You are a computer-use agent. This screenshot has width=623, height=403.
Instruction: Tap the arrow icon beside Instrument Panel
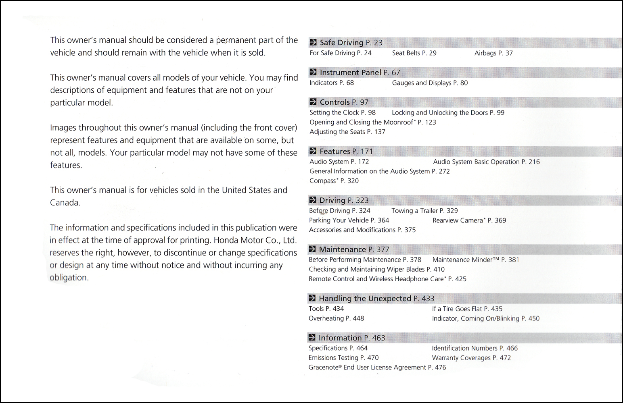point(313,73)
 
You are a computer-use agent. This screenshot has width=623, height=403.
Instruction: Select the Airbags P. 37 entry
point(493,53)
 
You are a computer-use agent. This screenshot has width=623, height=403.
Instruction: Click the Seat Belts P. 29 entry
point(414,53)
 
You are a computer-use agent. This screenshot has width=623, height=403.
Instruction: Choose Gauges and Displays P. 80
point(430,83)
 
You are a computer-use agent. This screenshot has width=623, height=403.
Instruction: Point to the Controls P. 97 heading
point(344,102)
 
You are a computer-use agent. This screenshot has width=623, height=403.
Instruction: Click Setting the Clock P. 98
point(343,113)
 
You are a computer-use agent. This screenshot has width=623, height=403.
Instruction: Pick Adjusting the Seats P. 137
point(347,132)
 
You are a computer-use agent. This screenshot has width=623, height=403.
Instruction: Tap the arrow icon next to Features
point(313,152)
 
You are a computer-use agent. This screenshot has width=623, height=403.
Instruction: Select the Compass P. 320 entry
point(334,181)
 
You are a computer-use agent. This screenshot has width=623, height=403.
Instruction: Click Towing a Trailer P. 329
point(424,211)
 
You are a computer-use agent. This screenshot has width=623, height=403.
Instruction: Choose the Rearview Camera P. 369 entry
point(469,220)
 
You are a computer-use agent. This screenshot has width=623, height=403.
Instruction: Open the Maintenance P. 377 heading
point(354,249)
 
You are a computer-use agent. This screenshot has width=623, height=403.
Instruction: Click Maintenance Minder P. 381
point(476,260)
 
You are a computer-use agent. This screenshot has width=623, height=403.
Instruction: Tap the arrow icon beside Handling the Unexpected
point(312,299)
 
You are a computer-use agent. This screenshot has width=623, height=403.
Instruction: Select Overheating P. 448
point(336,318)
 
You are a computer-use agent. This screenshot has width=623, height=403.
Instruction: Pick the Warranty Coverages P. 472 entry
point(471,358)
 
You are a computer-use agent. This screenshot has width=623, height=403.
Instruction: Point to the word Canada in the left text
point(65,203)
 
